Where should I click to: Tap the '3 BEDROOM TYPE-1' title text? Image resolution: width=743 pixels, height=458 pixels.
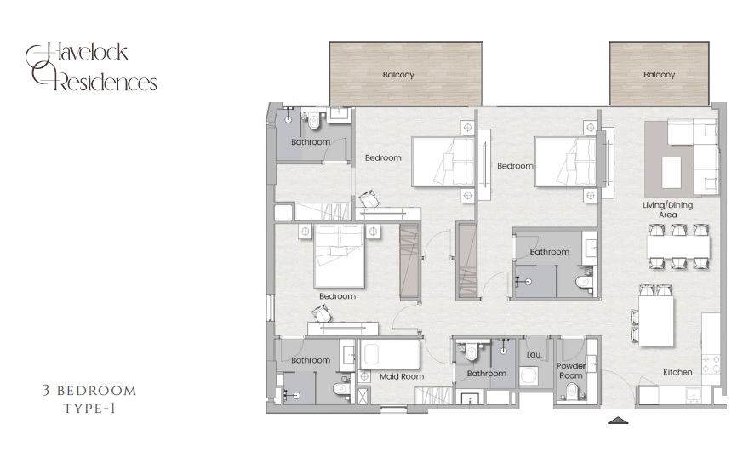(89, 398)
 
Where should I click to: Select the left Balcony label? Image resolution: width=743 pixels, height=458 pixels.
(398, 75)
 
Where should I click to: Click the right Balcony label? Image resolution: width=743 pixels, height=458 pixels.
(659, 75)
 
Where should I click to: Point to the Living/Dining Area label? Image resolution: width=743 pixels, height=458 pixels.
(668, 210)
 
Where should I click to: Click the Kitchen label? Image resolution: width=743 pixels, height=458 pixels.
(677, 372)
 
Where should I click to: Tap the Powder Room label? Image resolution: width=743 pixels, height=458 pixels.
(571, 370)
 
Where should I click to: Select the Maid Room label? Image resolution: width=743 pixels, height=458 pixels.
(402, 375)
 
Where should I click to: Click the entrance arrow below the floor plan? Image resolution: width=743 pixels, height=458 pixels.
(618, 420)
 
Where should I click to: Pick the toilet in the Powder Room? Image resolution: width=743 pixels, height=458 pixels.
(571, 391)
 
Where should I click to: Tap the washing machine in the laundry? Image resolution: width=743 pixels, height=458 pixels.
(529, 376)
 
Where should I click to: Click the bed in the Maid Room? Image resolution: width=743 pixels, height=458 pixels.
(390, 353)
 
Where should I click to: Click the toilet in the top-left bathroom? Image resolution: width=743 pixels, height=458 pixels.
(313, 122)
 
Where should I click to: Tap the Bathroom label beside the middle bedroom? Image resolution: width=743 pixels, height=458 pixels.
(549, 252)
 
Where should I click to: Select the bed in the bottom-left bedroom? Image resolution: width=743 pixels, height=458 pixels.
(339, 255)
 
